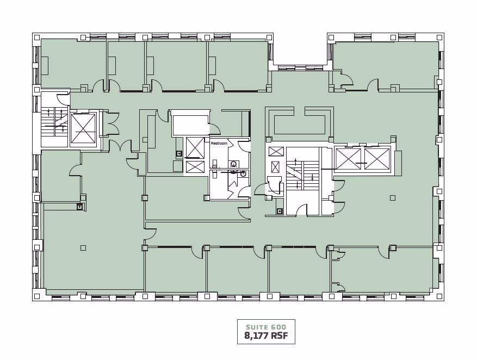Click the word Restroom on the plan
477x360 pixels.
[x=219, y=143]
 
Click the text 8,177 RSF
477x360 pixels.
[x=266, y=336]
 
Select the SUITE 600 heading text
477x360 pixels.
[x=266, y=327]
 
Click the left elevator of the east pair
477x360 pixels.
[x=348, y=158]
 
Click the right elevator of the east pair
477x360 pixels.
[x=377, y=158]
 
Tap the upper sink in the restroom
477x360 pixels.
[x=234, y=164]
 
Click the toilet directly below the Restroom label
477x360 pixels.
[x=215, y=163]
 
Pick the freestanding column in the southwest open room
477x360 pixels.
[x=83, y=248]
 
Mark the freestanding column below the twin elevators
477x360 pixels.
[x=392, y=198]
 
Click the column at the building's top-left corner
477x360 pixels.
[x=37, y=38]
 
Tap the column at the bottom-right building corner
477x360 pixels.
[x=439, y=296]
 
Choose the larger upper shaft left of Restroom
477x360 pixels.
[x=195, y=147]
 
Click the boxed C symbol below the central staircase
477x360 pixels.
[x=280, y=211]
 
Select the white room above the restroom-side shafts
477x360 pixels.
[x=190, y=125]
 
